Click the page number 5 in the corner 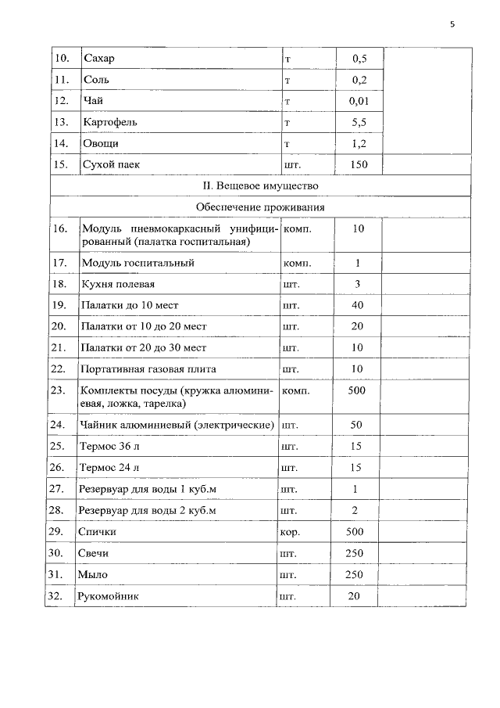point(452,25)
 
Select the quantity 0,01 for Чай point(359,101)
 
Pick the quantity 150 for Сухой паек point(359,164)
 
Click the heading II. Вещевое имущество point(260,185)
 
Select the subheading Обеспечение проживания point(260,207)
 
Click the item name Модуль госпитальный point(137,263)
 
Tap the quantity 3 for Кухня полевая point(357,284)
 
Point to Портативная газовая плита point(148,368)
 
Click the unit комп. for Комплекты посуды point(297,390)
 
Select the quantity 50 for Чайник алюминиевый point(357,425)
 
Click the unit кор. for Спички point(291,531)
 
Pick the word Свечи point(94,553)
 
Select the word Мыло point(92,574)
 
